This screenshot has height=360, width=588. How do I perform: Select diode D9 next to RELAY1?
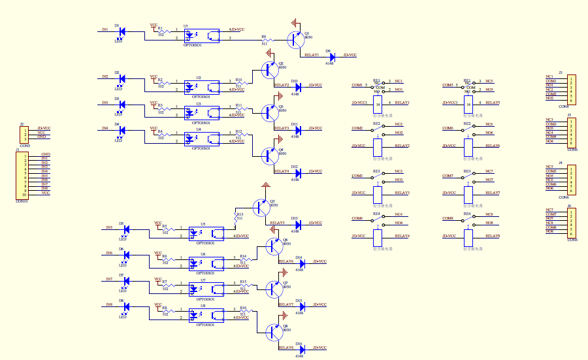[x=333, y=56]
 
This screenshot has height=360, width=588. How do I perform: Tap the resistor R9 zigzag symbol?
[x=265, y=40]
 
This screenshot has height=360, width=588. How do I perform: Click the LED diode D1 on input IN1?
[x=122, y=31]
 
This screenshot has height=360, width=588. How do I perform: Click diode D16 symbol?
[x=303, y=348]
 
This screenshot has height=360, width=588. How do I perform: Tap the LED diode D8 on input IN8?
[x=125, y=306]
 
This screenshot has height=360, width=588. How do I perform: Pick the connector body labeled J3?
[x=571, y=89]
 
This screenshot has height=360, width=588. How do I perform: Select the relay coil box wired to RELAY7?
[x=468, y=193]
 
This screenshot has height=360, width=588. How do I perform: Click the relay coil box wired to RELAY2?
[x=377, y=146]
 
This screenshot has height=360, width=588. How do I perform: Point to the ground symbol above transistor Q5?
[x=265, y=186]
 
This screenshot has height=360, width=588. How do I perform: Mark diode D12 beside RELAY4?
[x=298, y=172]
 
